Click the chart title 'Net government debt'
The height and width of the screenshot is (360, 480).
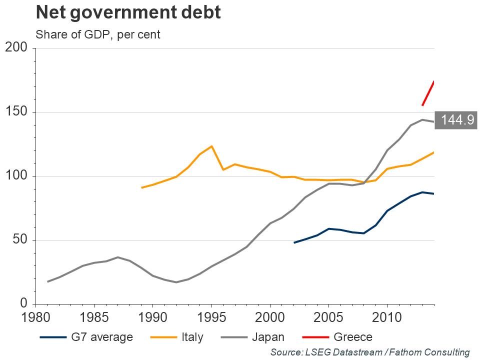[x=128, y=13]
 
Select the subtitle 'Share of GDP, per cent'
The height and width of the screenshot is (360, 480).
[x=97, y=35]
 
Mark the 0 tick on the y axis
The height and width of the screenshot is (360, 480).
[x=23, y=304]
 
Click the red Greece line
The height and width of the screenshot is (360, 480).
[x=428, y=93]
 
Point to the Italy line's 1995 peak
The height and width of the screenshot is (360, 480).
[x=211, y=146]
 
